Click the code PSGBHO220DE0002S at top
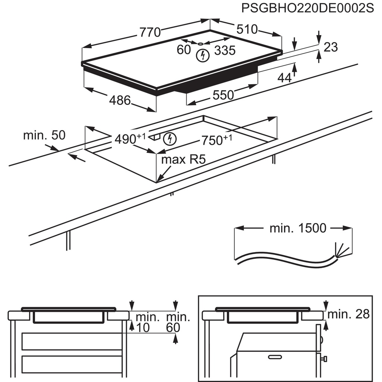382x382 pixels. pos(307,8)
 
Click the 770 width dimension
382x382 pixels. pos(150,32)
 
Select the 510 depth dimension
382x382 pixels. pos(247,29)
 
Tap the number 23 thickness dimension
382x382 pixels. pos(331,47)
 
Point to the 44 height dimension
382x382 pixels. pos(284,78)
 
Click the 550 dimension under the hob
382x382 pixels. pos(223,95)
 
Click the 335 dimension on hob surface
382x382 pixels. pos(225,50)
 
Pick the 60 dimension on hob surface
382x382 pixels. pos(184,50)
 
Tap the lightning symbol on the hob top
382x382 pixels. pos(203,56)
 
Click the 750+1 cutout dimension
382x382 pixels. pos(217,140)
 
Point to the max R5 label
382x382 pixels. pos(183,160)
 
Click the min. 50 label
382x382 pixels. pos(44,135)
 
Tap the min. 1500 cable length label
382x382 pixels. pos(298,228)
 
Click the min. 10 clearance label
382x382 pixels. pos(147,323)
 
